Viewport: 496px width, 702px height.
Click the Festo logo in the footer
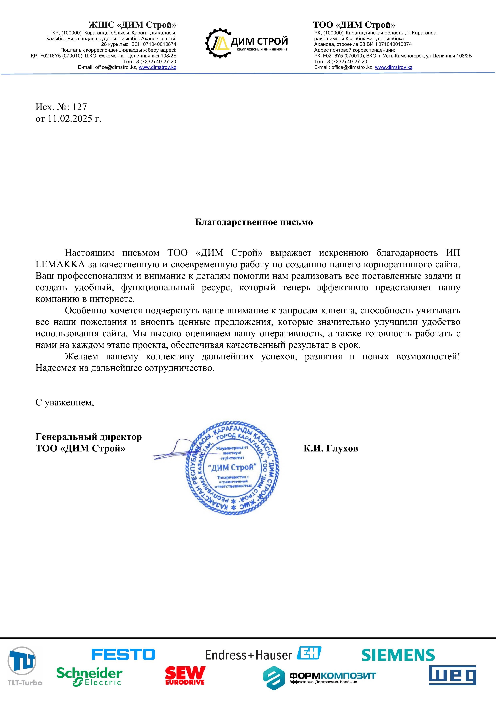click(x=123, y=654)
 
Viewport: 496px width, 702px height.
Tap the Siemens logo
click(x=398, y=655)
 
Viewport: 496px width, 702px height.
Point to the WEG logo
click(x=452, y=675)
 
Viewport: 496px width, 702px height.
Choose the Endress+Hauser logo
click(x=263, y=654)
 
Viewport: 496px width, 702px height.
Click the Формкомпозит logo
click(x=320, y=676)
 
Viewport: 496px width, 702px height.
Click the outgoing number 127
click(x=79, y=107)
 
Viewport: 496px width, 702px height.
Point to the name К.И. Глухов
click(x=331, y=448)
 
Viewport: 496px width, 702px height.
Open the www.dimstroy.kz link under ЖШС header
click(x=157, y=67)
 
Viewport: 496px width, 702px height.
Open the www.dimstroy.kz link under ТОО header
click(x=394, y=67)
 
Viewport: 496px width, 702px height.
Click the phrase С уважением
click(x=64, y=402)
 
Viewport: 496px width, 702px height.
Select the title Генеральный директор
click(x=89, y=437)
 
